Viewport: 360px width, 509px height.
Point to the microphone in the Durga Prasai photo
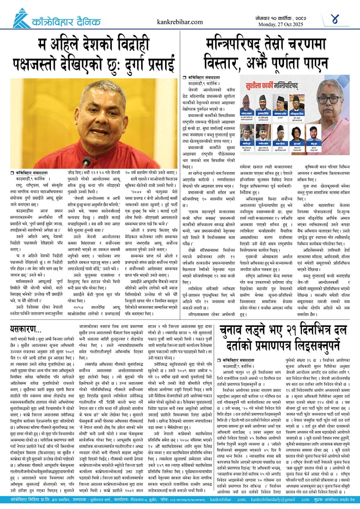click(87, 162)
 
